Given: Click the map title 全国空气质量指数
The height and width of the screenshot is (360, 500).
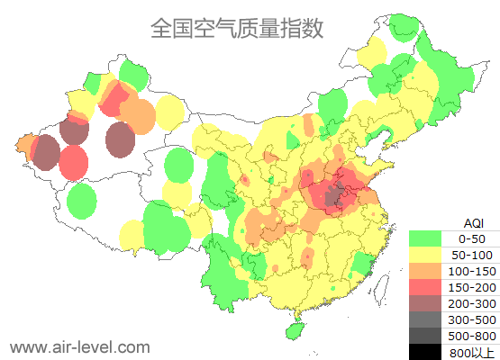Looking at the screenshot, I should click(x=237, y=29).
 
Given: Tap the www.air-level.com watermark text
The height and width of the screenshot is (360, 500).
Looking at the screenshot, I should click(x=79, y=346).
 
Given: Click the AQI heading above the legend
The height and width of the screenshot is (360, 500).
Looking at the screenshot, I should click(x=473, y=222).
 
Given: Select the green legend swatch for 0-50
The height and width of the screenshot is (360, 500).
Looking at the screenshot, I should click(x=426, y=238).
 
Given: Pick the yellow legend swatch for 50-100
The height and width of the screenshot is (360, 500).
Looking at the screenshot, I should click(x=426, y=255).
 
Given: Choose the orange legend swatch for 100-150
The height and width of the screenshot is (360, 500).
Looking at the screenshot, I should click(x=426, y=271).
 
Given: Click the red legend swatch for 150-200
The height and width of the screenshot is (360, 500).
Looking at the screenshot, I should click(x=426, y=287).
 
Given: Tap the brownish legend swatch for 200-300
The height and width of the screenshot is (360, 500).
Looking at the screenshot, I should click(x=426, y=303).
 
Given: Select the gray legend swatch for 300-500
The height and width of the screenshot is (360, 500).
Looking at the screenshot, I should click(x=426, y=319).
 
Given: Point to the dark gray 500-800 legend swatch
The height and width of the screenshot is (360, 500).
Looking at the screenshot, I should click(x=426, y=336).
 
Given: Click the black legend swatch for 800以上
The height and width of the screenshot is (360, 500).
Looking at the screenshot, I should click(x=426, y=351).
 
